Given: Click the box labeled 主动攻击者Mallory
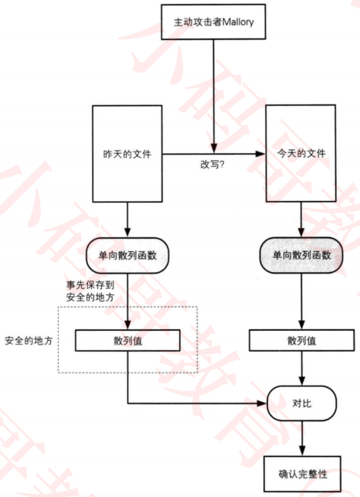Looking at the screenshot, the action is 213,22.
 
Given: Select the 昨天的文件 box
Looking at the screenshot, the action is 127,154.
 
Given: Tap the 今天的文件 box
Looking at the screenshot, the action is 301,153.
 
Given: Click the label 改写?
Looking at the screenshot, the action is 212,165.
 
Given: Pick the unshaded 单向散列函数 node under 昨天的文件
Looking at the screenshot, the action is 127,255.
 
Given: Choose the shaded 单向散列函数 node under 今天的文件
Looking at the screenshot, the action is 301,255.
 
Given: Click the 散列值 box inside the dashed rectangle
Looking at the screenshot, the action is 127,340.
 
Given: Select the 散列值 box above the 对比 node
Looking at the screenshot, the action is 302,340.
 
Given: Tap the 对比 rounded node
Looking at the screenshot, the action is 302,403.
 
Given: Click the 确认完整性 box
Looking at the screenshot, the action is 302,474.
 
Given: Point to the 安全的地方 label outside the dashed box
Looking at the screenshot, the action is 29,341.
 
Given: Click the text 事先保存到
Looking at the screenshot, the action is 90,284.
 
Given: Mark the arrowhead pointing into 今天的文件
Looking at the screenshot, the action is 260,154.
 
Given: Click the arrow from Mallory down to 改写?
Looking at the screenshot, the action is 213,97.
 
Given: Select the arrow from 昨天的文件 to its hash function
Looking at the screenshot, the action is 127,220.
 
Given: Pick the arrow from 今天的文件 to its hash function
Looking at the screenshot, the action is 301,220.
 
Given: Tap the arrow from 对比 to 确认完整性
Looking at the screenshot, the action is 302,438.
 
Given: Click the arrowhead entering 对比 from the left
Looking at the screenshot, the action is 262,403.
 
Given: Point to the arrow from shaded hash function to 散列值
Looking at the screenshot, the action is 302,301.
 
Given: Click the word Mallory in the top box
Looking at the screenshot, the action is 238,22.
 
